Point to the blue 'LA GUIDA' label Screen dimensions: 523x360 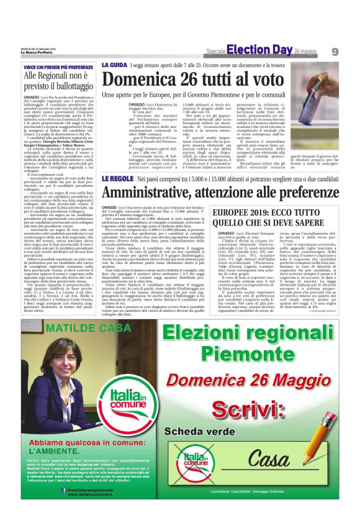pyautogui.click(x=115, y=64)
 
